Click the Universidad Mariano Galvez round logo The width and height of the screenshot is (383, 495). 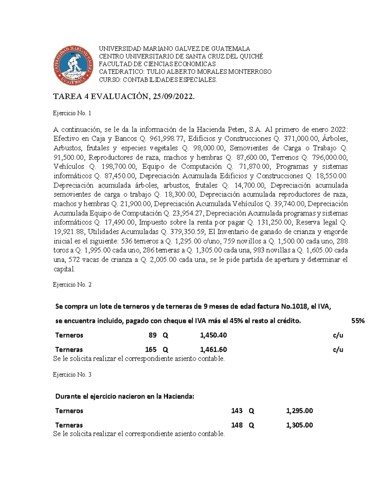tap(74, 66)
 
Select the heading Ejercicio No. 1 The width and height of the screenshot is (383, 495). tap(72, 113)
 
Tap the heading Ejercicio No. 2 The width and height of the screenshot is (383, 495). tap(72, 285)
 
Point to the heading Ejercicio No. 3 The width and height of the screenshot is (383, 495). tap(72, 375)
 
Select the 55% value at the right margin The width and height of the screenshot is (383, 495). tap(358, 321)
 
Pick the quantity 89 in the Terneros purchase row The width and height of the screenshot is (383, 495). tap(153, 335)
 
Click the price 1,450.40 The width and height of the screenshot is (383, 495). tap(213, 335)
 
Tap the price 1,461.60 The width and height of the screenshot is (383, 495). tap(213, 350)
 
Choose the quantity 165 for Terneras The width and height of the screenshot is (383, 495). tap(151, 350)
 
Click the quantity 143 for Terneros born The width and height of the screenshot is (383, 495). tap(237, 411)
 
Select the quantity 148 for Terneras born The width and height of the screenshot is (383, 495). tap(237, 425)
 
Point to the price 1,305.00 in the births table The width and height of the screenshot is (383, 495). tap(299, 425)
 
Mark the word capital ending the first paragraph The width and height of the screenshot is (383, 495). tap(64, 269)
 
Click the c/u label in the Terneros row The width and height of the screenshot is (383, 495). tap(338, 335)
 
